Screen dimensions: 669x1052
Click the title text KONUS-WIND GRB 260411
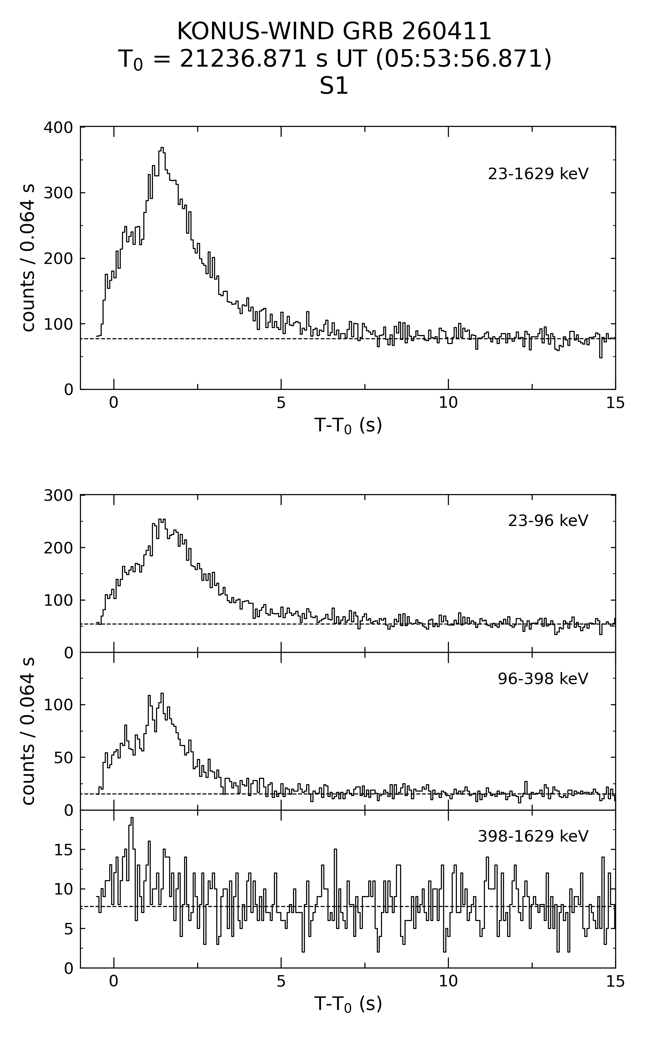coord(334,32)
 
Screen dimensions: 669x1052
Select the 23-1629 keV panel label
coord(538,174)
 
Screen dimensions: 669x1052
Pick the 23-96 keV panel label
coord(548,521)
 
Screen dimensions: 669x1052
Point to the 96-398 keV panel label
coord(543,678)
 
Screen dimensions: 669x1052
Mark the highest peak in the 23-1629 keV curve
coord(162,148)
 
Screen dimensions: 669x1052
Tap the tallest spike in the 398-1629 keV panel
coord(132,818)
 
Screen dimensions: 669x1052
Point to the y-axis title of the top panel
coord(28,258)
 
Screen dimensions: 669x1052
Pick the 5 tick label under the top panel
coord(281,403)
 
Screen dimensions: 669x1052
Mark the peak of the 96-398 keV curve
coord(162,694)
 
